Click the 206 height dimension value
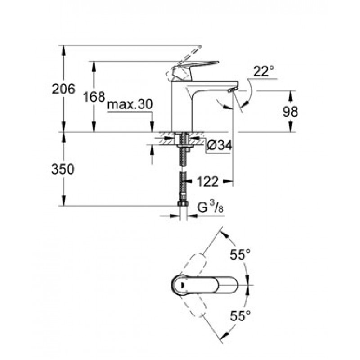(x=63, y=89)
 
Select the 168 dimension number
(x=94, y=97)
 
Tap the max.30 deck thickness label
(x=130, y=104)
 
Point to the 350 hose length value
(x=63, y=169)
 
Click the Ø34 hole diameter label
(x=220, y=145)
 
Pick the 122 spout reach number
(x=207, y=182)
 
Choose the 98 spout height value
(x=290, y=112)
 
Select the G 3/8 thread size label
(x=211, y=208)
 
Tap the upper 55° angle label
(x=241, y=254)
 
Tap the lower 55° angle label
(x=241, y=316)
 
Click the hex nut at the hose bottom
(x=183, y=203)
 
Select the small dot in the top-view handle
(x=182, y=285)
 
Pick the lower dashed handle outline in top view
(x=194, y=306)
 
